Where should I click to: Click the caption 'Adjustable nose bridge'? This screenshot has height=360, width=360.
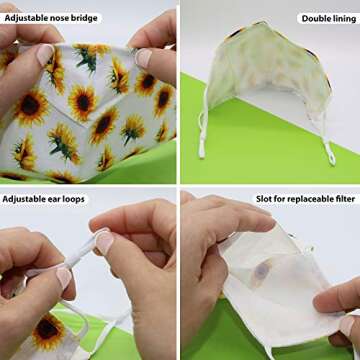tap(51, 18)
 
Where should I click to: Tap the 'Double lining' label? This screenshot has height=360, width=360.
tap(329, 19)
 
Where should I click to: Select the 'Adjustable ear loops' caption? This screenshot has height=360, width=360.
tap(44, 199)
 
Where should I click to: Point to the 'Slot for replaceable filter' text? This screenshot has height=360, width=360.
tap(305, 199)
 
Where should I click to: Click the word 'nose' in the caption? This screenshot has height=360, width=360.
tap(59, 18)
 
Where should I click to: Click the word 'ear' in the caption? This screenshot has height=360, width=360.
tap(54, 199)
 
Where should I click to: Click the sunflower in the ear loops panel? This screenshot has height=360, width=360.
tap(48, 327)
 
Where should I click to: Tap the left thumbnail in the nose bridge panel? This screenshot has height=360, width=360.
tap(45, 54)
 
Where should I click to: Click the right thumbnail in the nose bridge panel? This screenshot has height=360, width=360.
tap(144, 58)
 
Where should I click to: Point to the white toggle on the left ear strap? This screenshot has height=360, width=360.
tap(202, 149)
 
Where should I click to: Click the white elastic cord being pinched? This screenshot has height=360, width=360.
tap(82, 252)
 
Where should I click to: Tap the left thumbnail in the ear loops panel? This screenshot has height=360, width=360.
tap(64, 279)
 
